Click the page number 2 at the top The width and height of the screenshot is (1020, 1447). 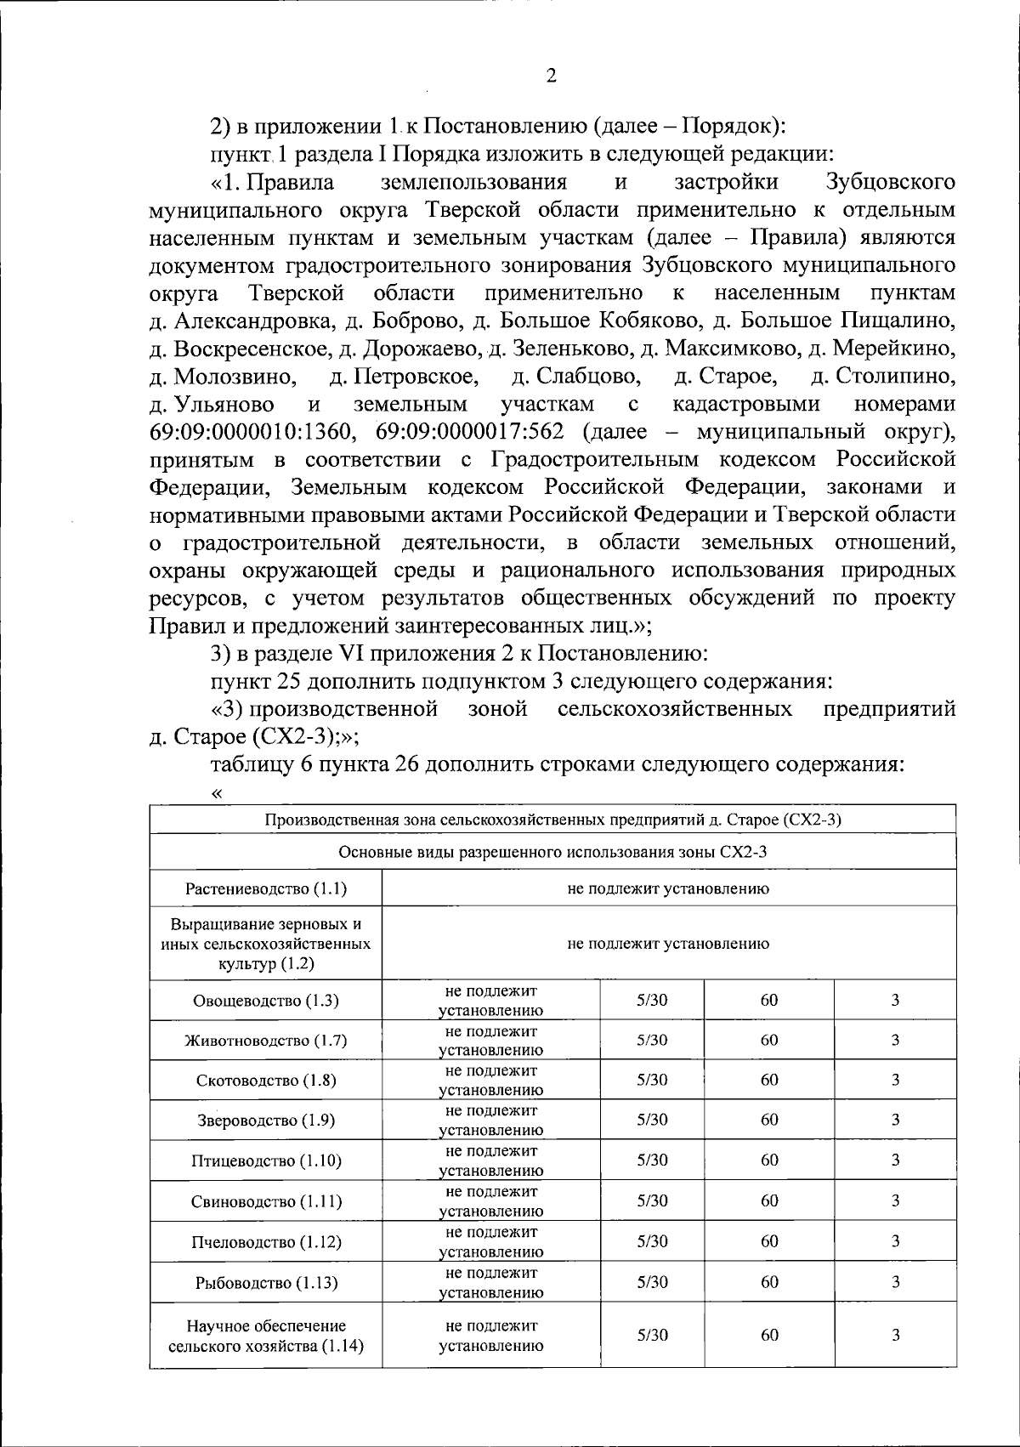pos(551,77)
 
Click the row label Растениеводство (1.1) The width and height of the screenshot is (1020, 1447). pos(266,889)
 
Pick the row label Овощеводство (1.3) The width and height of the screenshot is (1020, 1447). pos(266,1001)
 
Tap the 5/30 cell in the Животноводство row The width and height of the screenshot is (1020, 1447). pos(652,1041)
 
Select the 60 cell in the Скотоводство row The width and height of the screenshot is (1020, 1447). pos(769,1080)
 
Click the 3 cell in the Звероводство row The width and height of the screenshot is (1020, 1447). pos(895,1120)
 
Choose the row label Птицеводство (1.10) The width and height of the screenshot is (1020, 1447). pos(266,1160)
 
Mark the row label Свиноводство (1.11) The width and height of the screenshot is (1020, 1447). pos(266,1201)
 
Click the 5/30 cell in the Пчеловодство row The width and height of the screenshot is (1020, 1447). pos(652,1241)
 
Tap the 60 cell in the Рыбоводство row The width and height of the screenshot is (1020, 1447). pos(769,1282)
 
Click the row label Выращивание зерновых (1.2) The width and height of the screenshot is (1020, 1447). pos(266,944)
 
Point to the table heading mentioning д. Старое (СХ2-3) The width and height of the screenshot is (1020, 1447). pos(552,820)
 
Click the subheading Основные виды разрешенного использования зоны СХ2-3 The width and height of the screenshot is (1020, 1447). pos(552,853)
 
